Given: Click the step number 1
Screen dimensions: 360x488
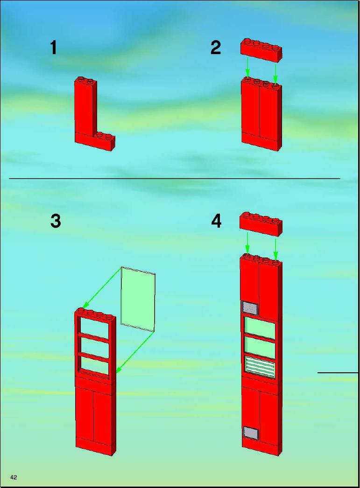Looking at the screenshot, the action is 54,48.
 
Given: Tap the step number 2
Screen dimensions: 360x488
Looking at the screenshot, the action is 216,48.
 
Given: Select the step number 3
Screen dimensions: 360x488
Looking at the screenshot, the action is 56,221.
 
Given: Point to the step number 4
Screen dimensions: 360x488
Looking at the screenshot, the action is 217,221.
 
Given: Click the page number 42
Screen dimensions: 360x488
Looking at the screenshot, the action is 14,477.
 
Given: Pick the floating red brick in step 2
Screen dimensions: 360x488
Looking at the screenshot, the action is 261,50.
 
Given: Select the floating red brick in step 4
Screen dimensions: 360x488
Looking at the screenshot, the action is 261,223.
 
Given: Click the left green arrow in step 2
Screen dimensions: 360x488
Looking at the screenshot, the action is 247,67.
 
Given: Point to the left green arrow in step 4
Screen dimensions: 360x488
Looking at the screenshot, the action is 247,242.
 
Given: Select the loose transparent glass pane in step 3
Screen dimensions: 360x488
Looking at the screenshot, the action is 138,299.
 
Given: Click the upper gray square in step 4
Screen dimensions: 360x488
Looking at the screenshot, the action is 250,308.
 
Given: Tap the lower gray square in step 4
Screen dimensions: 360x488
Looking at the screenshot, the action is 251,432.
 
